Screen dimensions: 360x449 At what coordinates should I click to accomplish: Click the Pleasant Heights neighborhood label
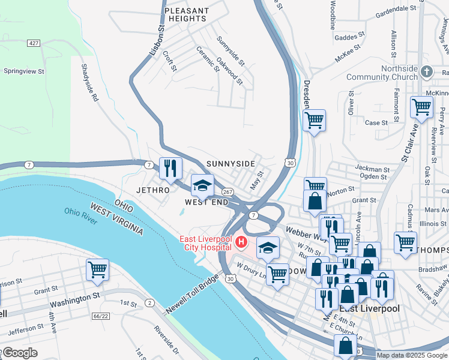coord(186,15)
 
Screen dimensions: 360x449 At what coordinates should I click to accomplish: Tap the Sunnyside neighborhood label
coord(231,164)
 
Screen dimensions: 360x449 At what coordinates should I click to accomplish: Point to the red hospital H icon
coord(241,242)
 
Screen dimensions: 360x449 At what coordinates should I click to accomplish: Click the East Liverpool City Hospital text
coord(206,243)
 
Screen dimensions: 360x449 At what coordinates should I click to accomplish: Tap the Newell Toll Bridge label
coord(191,301)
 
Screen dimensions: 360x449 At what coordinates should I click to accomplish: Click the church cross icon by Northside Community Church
coord(427,72)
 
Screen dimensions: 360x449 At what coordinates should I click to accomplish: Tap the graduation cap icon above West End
coord(202,185)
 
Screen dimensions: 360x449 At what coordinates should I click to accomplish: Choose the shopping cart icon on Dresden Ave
coord(314,120)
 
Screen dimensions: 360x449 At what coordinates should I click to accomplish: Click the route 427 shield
coord(34,43)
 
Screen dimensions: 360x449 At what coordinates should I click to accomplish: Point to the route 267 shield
coord(228,192)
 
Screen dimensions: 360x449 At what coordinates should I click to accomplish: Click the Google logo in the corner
coord(19,353)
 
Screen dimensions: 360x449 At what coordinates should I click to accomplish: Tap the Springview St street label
coord(24,71)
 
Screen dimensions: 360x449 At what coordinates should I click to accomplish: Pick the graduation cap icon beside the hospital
coord(268,247)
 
